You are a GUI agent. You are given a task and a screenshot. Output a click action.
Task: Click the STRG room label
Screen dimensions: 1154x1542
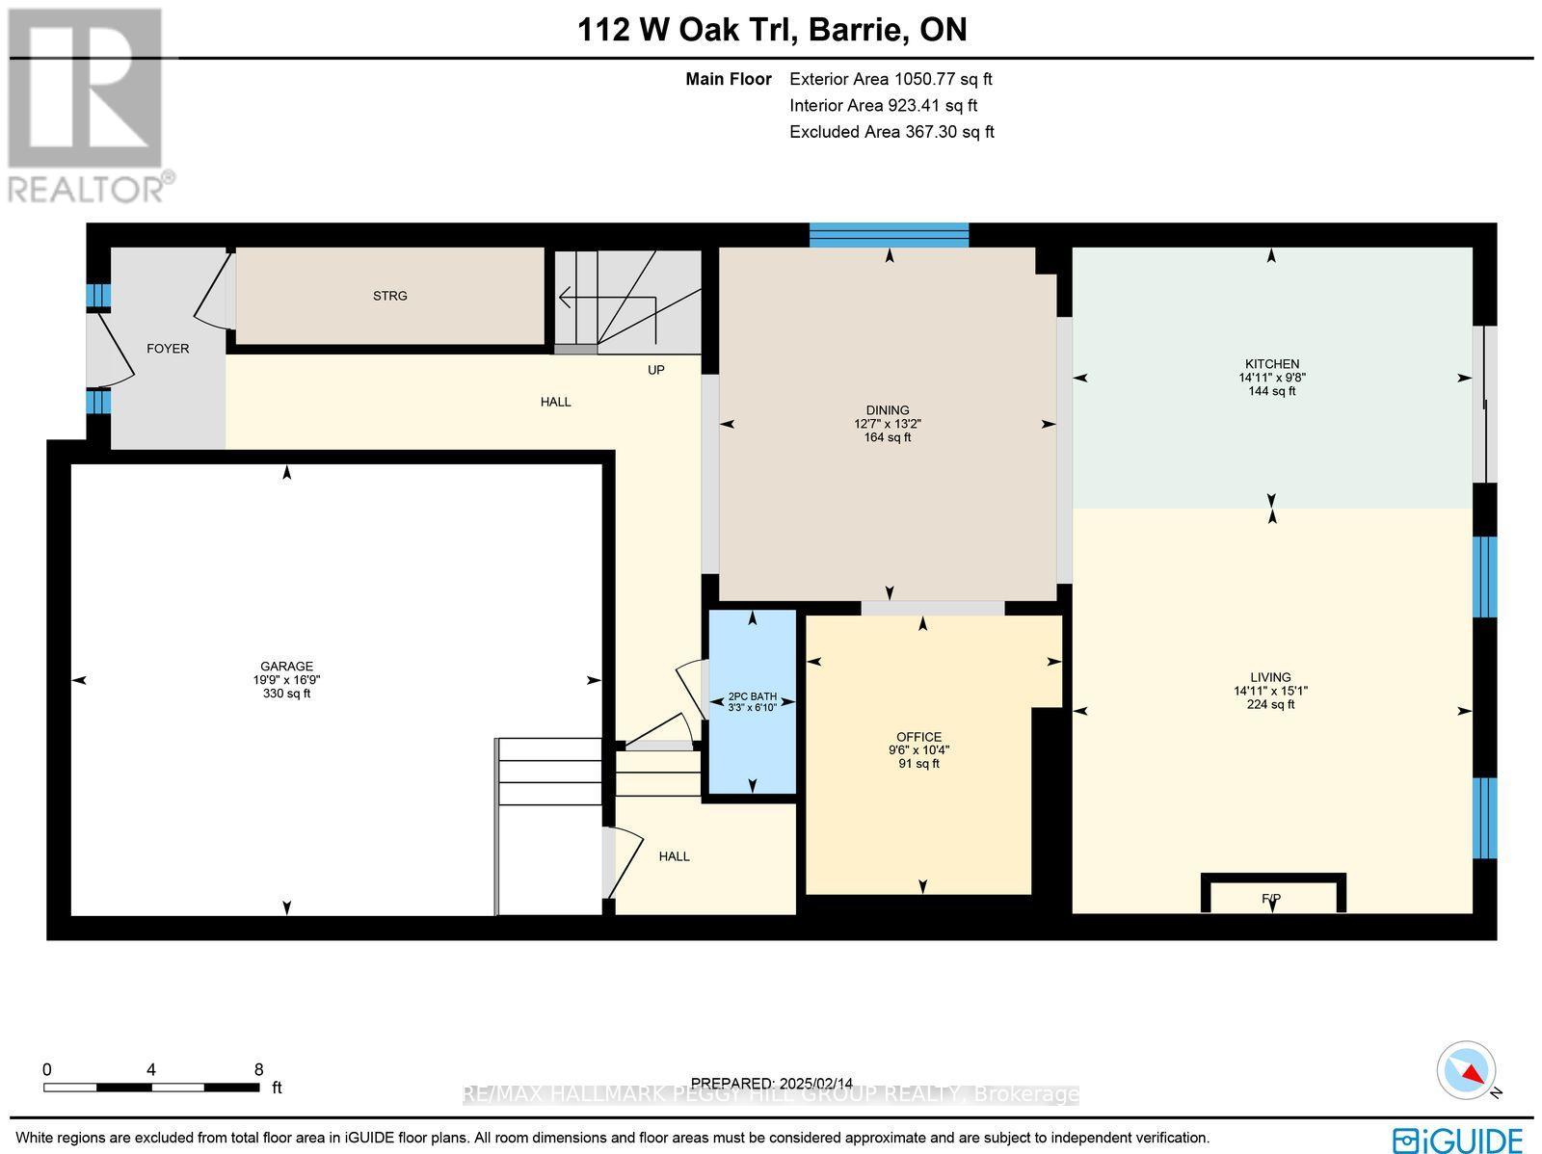[x=389, y=296]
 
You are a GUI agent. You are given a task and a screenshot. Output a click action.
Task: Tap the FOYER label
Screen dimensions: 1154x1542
[x=168, y=349]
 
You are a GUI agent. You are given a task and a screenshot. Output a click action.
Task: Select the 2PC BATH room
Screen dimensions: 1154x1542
[x=753, y=701]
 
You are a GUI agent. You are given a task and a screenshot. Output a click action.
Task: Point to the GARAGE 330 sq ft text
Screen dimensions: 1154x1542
[x=287, y=694]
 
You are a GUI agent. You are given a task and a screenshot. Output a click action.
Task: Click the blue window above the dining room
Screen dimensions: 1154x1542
[x=888, y=235]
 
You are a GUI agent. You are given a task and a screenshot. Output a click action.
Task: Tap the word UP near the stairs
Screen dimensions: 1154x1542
[x=655, y=370]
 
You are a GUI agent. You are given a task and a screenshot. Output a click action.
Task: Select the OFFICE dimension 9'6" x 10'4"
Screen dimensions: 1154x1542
[x=918, y=750]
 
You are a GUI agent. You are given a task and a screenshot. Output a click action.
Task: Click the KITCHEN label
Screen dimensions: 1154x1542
[x=1271, y=364]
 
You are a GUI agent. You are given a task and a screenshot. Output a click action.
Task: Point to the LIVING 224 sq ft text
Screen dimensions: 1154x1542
[x=1270, y=704]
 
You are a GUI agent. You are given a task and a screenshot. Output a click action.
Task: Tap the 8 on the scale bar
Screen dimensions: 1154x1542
[x=258, y=1069]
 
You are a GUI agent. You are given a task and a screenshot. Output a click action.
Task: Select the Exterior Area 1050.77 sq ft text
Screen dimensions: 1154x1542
[x=891, y=80]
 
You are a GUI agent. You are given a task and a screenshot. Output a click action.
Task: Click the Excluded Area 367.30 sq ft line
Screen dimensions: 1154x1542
[x=891, y=132]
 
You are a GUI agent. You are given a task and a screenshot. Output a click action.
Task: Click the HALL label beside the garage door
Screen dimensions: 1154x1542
[x=674, y=856]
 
